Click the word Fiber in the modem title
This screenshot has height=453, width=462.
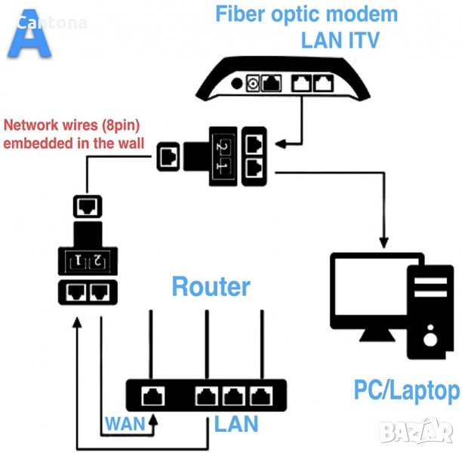pyautogui.click(x=241, y=14)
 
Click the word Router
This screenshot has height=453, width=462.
pyautogui.click(x=211, y=286)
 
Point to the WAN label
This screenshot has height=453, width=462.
pyautogui.click(x=125, y=422)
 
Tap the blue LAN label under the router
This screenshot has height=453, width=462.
pyautogui.click(x=236, y=423)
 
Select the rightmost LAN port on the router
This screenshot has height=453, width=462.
pyautogui.click(x=262, y=394)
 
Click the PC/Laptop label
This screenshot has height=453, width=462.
pyautogui.click(x=406, y=390)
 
